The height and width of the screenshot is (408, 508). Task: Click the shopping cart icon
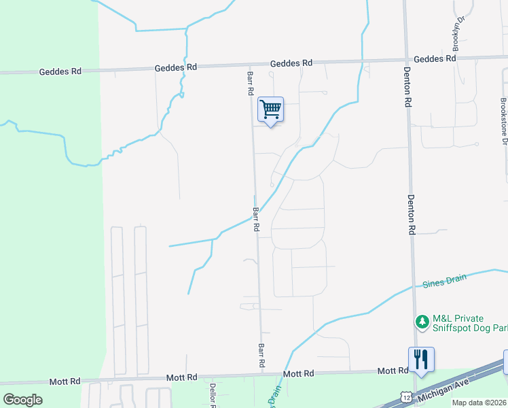point(270,109)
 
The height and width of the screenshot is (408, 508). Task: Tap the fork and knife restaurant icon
point(421,359)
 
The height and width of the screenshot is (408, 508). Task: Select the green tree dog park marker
point(422,320)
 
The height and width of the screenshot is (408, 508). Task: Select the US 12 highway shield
point(405,396)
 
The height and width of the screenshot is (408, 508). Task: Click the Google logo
point(22,400)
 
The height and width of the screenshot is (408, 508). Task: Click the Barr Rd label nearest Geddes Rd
point(251,82)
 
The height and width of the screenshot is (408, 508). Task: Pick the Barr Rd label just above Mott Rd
point(261,356)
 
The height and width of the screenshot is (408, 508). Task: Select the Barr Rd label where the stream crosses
point(256,220)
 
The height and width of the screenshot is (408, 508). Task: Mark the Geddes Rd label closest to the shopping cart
point(291,63)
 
